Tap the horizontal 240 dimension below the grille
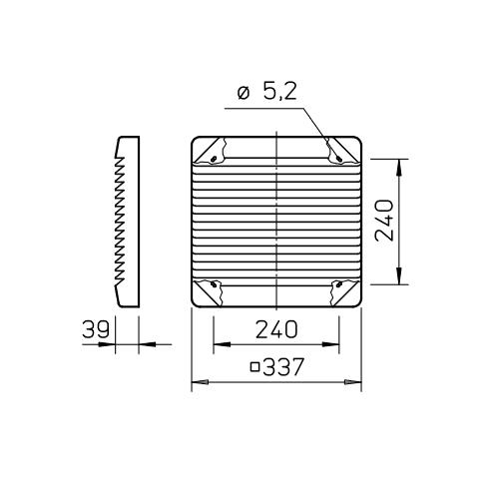276,329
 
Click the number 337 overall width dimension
284,367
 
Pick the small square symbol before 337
255,367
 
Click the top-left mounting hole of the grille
212,157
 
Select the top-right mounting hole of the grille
341,157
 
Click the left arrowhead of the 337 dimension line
196,383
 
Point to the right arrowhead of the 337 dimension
357,383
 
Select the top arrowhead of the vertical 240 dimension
401,163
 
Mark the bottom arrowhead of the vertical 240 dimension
401,280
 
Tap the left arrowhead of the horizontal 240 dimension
218,345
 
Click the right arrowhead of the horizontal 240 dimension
335,345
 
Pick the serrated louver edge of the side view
119,220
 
